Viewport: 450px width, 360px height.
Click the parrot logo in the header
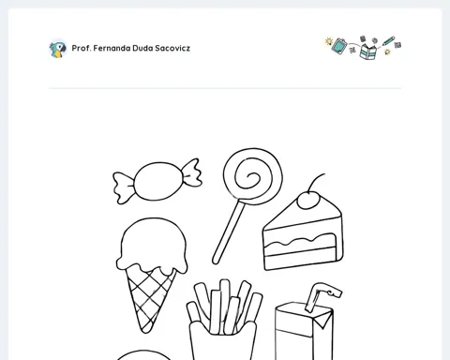point(58,49)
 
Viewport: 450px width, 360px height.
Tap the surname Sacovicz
point(172,48)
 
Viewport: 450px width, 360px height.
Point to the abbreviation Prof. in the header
point(82,48)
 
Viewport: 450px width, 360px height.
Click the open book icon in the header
point(368,52)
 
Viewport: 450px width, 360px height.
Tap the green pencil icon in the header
point(388,40)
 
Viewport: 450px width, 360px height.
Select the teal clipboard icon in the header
point(339,46)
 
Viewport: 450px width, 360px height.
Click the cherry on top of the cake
point(308,200)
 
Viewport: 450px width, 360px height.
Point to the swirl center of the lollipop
point(250,177)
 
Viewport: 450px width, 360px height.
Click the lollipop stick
point(228,232)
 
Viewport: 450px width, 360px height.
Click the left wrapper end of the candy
point(124,187)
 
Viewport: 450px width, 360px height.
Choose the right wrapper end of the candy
point(192,172)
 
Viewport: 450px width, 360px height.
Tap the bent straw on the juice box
point(322,295)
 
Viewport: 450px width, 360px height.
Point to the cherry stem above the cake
point(314,182)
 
